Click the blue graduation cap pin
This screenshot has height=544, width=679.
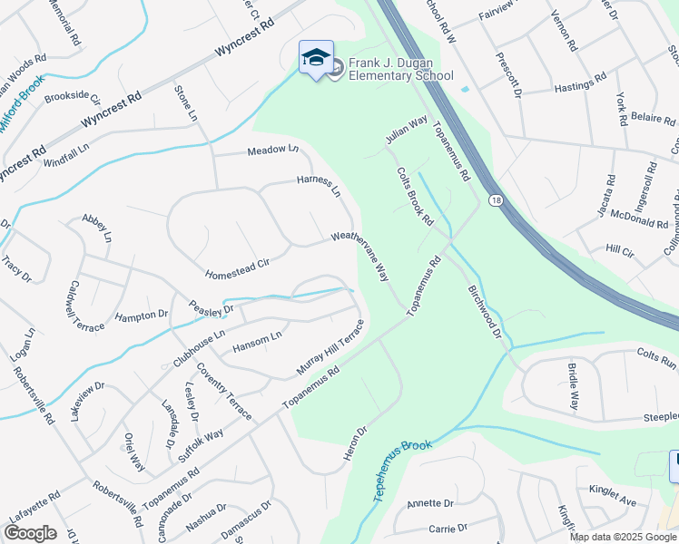click(x=316, y=59)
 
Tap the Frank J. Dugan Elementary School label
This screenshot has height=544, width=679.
click(x=400, y=69)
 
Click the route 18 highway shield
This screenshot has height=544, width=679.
click(x=495, y=199)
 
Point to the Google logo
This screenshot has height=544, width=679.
click(x=30, y=533)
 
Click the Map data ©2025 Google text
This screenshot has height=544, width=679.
click(x=623, y=537)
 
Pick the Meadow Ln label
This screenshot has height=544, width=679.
click(x=272, y=151)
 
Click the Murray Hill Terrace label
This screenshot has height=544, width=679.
click(x=330, y=349)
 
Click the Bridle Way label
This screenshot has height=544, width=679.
click(x=574, y=388)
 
